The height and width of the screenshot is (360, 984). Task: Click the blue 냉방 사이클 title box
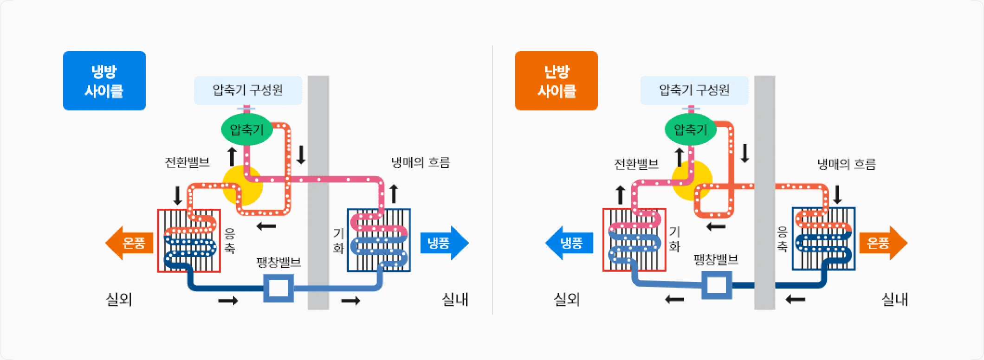pyautogui.click(x=104, y=81)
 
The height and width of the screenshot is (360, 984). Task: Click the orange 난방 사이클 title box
pyautogui.click(x=556, y=81)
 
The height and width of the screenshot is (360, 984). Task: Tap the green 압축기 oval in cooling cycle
pyautogui.click(x=246, y=129)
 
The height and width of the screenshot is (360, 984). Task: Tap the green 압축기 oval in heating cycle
pyautogui.click(x=690, y=129)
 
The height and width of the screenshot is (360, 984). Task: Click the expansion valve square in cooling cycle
pyautogui.click(x=278, y=288)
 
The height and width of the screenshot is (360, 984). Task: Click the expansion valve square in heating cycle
pyautogui.click(x=717, y=285)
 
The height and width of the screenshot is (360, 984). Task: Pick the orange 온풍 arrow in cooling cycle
pyautogui.click(x=129, y=243)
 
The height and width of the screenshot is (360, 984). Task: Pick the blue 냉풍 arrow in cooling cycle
pyautogui.click(x=443, y=243)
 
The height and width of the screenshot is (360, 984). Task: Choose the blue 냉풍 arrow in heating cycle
pyautogui.click(x=569, y=243)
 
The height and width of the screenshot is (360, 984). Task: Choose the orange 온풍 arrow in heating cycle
pyautogui.click(x=882, y=243)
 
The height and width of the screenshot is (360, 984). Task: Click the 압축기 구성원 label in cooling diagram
pyautogui.click(x=248, y=90)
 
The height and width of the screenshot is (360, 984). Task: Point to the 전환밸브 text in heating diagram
pyautogui.click(x=636, y=164)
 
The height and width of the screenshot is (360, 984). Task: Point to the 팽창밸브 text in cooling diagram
pyautogui.click(x=278, y=263)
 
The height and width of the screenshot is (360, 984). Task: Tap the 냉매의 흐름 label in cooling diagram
pyautogui.click(x=420, y=162)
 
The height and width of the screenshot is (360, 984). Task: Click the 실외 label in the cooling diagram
pyautogui.click(x=119, y=299)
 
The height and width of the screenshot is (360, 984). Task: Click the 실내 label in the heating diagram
pyautogui.click(x=894, y=299)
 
